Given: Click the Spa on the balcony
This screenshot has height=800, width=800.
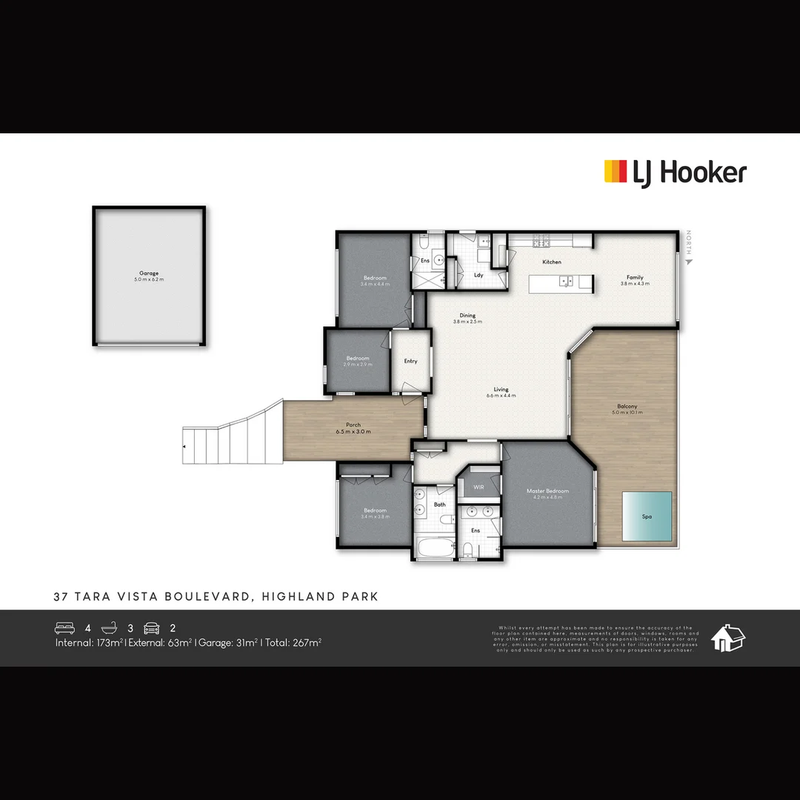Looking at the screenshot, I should pos(647,516).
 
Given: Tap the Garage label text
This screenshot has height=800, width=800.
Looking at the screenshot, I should pos(149,273).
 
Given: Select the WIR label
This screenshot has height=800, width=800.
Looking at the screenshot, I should pos(479,487).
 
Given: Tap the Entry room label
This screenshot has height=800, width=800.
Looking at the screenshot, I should pos(410,361).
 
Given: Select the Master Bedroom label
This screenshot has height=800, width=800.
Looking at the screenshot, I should pos(547,491).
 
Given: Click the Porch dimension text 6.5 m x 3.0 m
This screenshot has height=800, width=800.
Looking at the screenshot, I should pos(353,432).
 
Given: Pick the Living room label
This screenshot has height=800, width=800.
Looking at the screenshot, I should pos(501,390).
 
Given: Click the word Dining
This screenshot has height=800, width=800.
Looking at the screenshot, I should pos(467,316).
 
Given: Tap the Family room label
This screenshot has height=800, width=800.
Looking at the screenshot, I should pos(635,278).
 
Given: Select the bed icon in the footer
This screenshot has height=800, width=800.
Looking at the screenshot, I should pos(65,628).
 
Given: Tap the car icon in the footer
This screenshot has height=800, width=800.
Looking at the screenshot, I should pos(152,628).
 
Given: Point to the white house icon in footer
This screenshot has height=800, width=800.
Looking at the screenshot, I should pos(727,638).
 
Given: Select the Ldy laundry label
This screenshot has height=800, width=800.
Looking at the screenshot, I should pos(479,275).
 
